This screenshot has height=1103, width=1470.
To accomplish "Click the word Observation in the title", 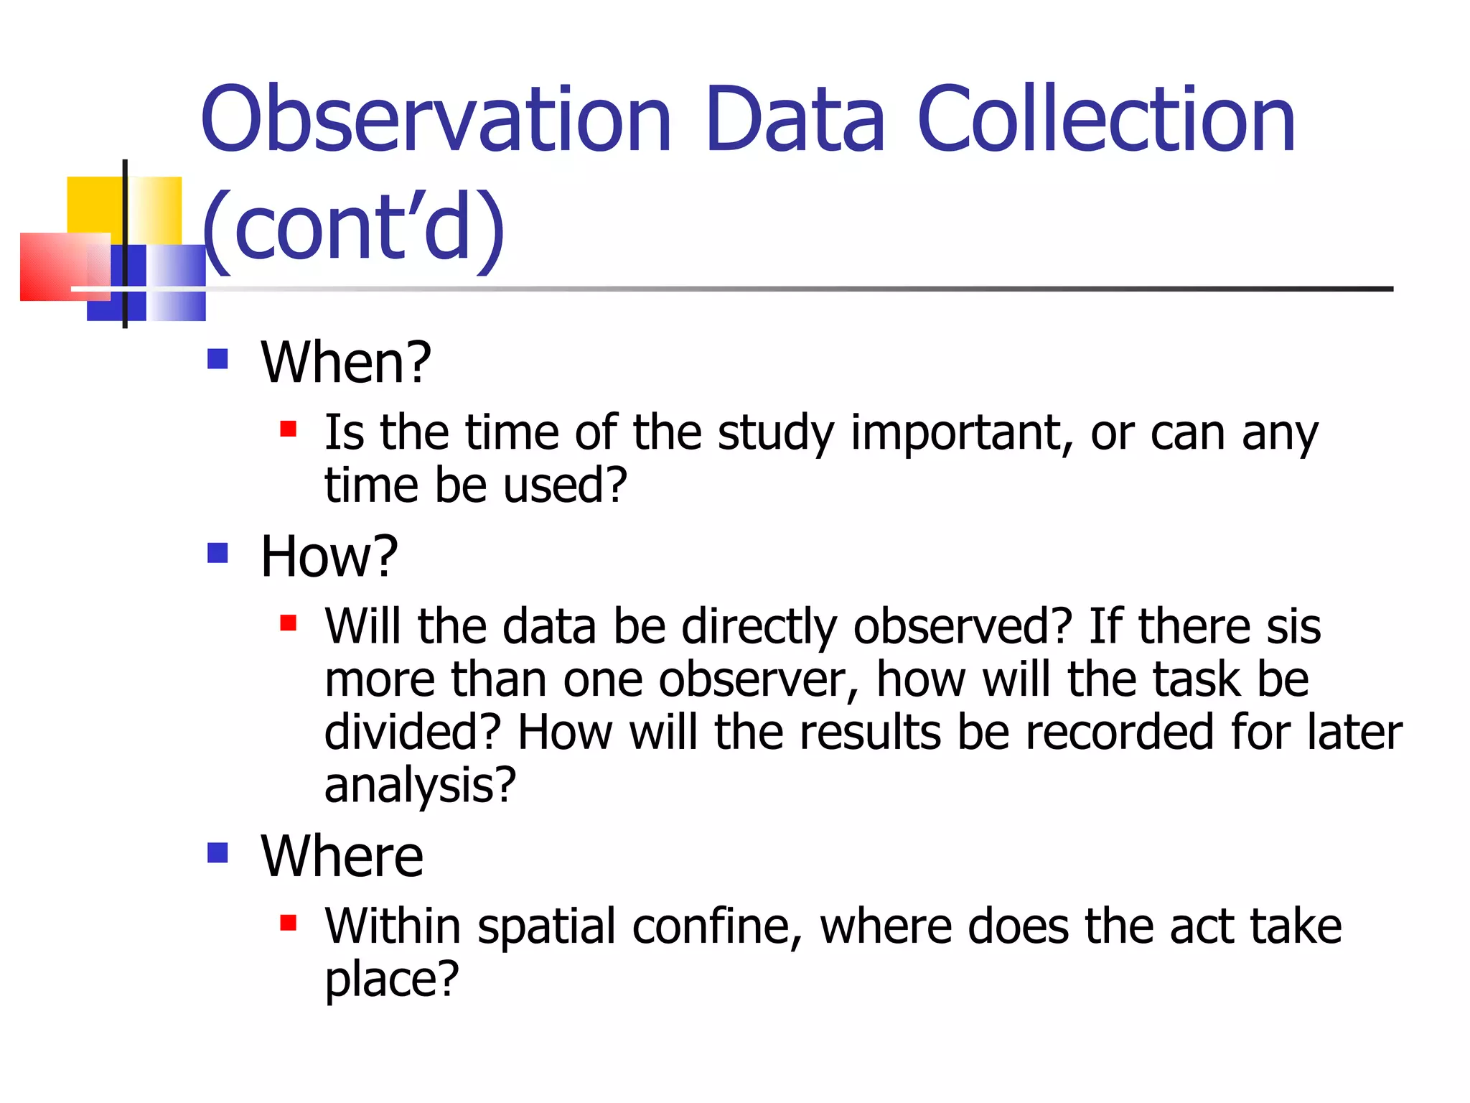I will [x=436, y=121].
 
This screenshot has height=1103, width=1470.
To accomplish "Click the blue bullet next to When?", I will [x=217, y=358].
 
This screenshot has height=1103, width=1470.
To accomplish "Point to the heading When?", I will [x=346, y=362].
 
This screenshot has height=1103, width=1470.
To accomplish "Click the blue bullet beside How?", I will [x=217, y=553].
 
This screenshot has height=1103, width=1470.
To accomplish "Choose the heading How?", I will [x=329, y=557].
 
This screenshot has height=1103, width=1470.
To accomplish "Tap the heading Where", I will [x=342, y=856].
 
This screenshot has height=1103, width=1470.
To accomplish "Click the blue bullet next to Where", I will [x=217, y=852].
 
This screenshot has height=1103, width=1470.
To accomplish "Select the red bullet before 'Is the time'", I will [x=289, y=429].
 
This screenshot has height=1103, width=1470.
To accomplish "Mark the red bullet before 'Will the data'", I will [x=289, y=623].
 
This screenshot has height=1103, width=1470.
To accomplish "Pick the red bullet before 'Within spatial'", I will [x=289, y=922].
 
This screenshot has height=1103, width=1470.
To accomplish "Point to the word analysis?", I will [x=420, y=785].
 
